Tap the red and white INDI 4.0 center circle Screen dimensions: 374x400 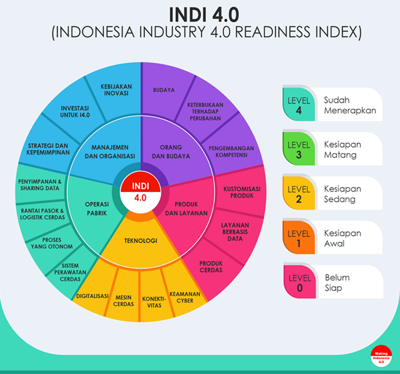[141, 191]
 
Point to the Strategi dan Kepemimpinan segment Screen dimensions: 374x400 [48, 148]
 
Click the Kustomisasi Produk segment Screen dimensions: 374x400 [237, 191]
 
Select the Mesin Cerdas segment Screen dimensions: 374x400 [124, 300]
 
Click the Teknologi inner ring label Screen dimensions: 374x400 [140, 240]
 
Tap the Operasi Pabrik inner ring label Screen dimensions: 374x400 [97, 209]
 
